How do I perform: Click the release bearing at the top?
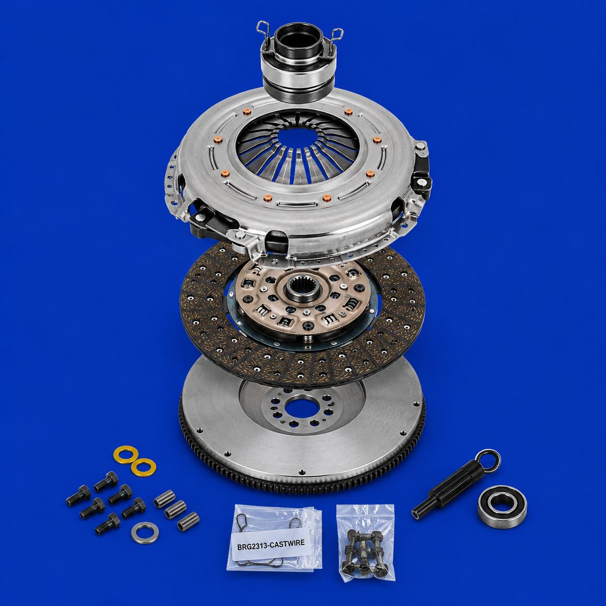[x=298, y=63]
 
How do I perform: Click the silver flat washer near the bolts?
[x=144, y=533]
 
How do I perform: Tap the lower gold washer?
[x=144, y=467]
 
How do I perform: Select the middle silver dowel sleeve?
[x=175, y=514]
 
